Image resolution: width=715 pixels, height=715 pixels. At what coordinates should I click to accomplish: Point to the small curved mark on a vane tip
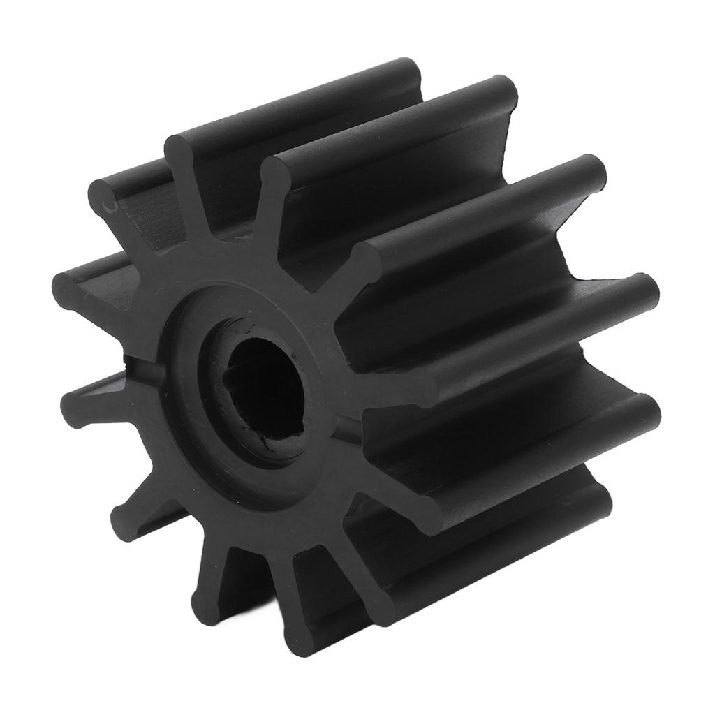click(106, 205)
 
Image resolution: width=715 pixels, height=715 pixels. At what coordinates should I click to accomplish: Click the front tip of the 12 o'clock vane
click(183, 150)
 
